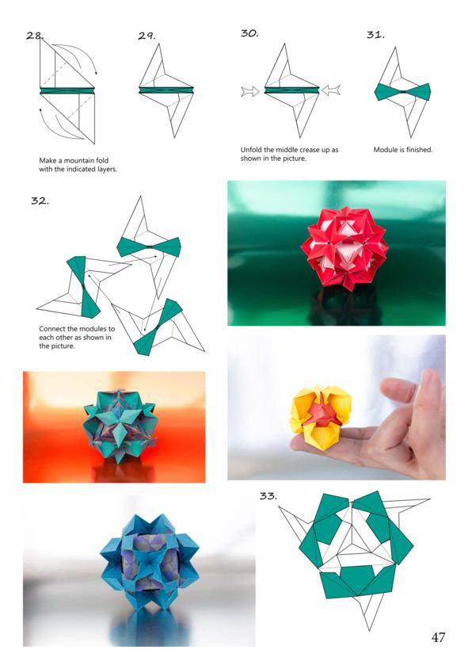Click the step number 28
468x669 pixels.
tap(35, 36)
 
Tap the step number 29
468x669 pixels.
tap(146, 36)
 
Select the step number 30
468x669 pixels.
tap(249, 33)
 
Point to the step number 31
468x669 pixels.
tap(375, 35)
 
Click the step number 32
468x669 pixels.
tap(40, 201)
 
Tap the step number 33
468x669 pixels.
tap(268, 495)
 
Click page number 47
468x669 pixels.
tap(438, 637)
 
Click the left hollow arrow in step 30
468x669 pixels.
tap(250, 91)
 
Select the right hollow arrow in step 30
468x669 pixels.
tap(331, 90)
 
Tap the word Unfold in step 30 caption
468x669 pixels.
tap(250, 150)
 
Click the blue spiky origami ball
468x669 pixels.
tap(150, 562)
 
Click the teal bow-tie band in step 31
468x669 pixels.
tap(403, 92)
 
